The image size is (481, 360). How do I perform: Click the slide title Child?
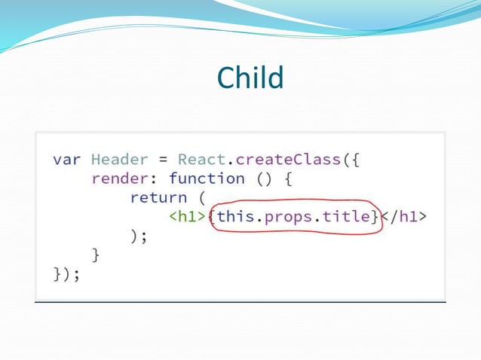tap(250, 78)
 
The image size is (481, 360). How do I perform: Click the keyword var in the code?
tap(67, 160)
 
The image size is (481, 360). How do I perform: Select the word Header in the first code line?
tap(115, 160)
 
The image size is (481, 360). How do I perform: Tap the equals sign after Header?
tap(162, 160)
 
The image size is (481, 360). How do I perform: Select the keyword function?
tap(207, 178)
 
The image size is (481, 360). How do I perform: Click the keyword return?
tap(158, 197)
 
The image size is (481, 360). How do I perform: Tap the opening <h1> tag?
tap(187, 217)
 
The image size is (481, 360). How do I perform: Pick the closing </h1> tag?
tap(405, 217)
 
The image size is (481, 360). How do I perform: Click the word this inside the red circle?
tap(235, 217)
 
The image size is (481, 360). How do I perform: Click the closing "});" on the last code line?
tap(66, 275)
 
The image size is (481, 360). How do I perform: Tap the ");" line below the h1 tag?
tap(139, 236)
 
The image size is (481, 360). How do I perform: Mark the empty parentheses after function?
tap(263, 178)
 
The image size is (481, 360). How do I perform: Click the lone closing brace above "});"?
tap(96, 255)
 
